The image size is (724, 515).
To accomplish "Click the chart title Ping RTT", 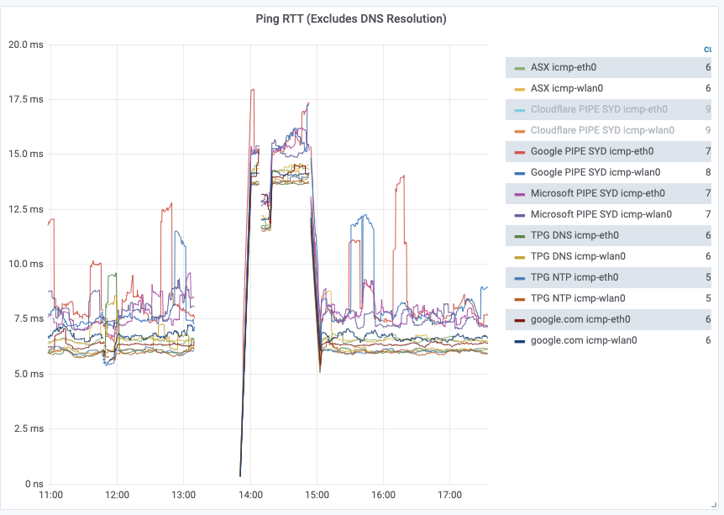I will pos(351,18).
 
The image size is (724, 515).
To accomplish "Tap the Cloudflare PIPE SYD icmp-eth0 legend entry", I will pos(598,109).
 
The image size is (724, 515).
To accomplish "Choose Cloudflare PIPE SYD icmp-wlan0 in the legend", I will pos(602,130).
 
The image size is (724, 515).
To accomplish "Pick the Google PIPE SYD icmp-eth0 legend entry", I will pos(591,151).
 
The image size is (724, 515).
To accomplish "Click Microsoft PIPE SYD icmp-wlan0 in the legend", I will pos(601,214).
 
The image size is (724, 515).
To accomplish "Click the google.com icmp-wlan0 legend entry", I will pos(584,340).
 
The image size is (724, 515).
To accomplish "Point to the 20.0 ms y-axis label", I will pos(25,45).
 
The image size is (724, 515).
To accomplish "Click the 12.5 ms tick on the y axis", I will pos(25,209).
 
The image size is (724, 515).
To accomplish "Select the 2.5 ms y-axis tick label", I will pos(27,429).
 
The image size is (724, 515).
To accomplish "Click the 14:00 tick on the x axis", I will pos(250,496).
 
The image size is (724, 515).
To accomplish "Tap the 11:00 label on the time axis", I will pos(51,496).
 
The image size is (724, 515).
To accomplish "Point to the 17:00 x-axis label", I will pos(449,496).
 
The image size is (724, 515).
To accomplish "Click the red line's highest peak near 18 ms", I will pos(252,89).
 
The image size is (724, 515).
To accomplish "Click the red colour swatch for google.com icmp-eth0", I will pos(519,320).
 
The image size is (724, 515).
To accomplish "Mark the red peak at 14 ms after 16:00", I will pos(403,176).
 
